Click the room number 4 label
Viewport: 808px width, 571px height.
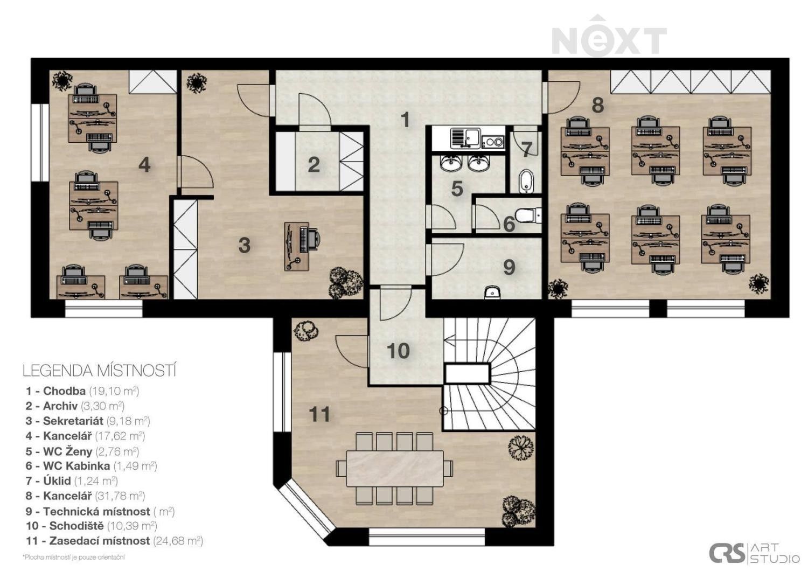tap(144, 165)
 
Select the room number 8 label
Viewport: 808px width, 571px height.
tap(597, 105)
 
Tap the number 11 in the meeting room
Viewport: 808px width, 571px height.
tap(319, 414)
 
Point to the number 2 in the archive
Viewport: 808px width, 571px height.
tap(314, 165)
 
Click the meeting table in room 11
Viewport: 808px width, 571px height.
tap(395, 468)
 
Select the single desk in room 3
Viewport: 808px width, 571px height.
tap(297, 247)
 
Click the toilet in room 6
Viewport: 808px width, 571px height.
tap(527, 215)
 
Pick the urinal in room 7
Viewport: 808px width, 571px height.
tap(526, 182)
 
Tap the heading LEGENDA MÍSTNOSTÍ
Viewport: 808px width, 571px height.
tap(100, 371)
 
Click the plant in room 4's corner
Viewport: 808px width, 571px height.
tap(62, 80)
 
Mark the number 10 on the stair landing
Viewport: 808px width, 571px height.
tap(398, 351)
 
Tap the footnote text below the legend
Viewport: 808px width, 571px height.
tap(74, 558)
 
